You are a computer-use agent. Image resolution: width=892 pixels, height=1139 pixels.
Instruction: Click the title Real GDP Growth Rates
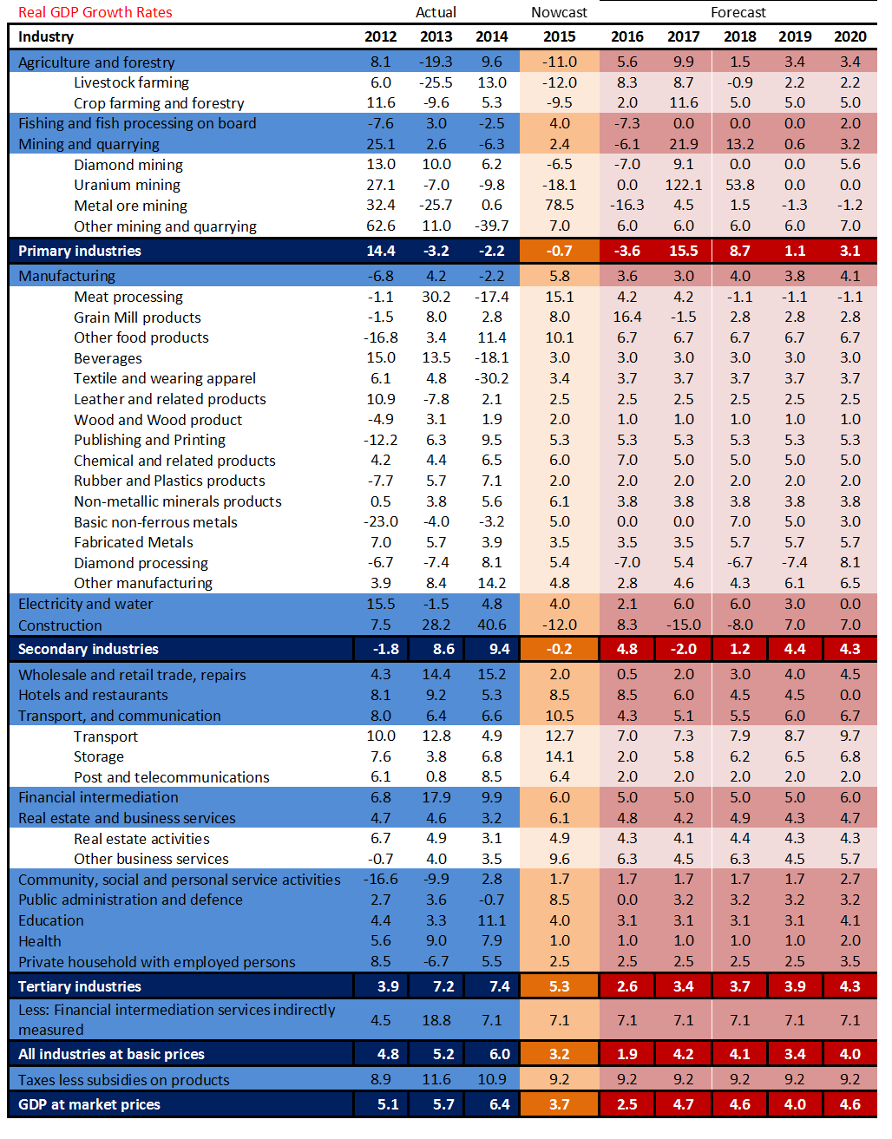(x=95, y=12)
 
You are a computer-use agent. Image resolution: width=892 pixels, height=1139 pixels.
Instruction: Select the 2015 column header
(x=559, y=36)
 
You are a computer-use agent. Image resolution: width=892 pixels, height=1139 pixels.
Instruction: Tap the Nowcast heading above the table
(x=559, y=12)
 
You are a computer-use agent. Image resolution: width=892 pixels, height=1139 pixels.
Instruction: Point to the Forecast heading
(x=738, y=12)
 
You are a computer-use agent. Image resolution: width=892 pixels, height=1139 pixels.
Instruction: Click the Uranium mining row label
(x=127, y=185)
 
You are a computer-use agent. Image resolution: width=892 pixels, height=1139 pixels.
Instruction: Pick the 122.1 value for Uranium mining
(x=684, y=185)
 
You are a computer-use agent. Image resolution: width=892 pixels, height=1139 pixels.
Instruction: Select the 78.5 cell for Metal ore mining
(x=559, y=206)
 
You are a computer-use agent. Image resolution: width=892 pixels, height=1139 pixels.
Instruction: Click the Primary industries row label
(x=80, y=251)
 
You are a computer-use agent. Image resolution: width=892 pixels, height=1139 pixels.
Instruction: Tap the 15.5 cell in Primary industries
(x=684, y=251)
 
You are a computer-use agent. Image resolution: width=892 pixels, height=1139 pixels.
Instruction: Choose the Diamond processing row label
(x=141, y=563)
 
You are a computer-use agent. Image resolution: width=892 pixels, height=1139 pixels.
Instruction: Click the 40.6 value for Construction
(x=492, y=625)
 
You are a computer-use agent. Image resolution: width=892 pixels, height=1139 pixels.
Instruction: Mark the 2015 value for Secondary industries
(x=559, y=649)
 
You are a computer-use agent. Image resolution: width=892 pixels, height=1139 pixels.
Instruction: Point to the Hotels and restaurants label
(x=93, y=695)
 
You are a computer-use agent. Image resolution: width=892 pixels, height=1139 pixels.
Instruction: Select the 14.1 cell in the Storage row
(x=559, y=757)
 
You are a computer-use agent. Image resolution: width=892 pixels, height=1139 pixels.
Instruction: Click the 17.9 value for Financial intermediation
(x=436, y=798)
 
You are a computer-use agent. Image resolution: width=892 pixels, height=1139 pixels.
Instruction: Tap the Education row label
(x=51, y=921)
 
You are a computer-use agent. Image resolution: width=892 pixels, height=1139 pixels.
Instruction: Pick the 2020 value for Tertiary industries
(x=849, y=986)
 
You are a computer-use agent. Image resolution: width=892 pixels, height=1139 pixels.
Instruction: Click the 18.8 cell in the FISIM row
(x=436, y=1020)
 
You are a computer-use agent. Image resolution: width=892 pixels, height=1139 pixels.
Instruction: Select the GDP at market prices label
(x=89, y=1104)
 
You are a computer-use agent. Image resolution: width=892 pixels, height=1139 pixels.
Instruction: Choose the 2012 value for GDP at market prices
(x=388, y=1104)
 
